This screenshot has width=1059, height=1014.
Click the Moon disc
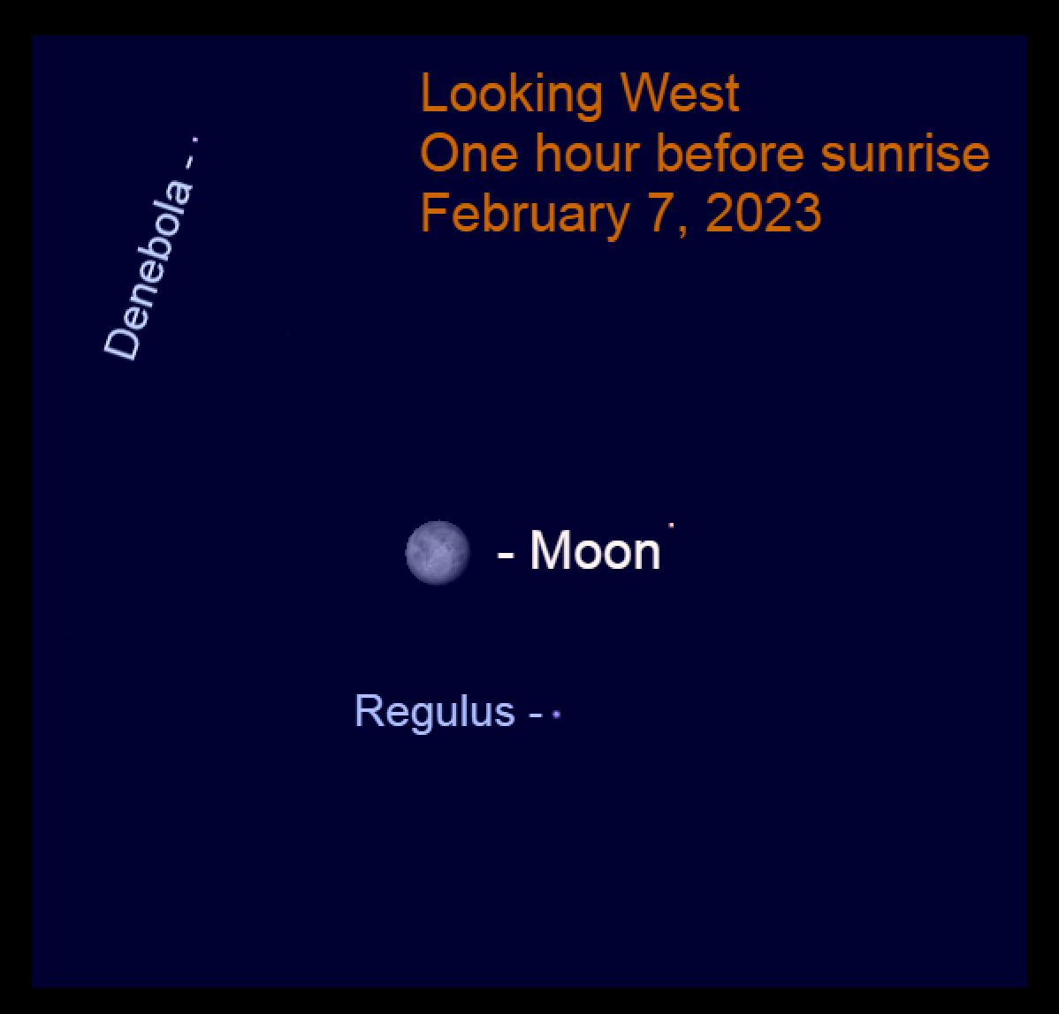(x=438, y=553)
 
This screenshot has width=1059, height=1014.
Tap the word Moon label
(x=595, y=551)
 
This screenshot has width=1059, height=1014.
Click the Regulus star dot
(x=557, y=714)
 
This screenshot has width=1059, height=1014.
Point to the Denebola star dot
(x=195, y=140)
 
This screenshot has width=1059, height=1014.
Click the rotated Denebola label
(x=149, y=269)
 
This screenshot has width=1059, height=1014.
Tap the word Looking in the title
(x=511, y=95)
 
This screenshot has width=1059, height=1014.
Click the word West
(x=680, y=93)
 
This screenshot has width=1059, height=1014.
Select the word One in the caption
(x=469, y=154)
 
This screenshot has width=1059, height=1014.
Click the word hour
(x=587, y=153)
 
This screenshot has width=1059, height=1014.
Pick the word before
(x=730, y=153)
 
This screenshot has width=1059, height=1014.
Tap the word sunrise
(x=905, y=154)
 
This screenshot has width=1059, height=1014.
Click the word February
(x=525, y=214)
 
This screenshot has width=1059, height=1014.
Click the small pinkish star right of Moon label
(x=671, y=524)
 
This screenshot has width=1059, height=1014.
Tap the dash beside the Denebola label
(x=188, y=162)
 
